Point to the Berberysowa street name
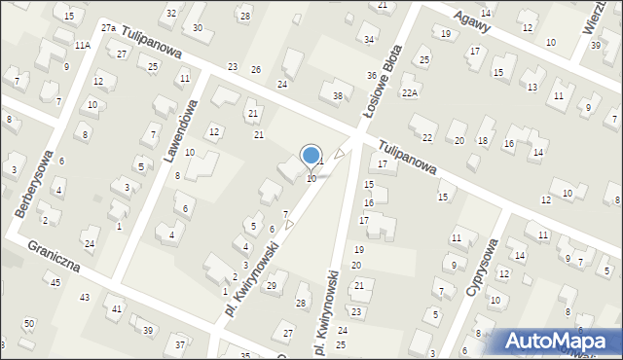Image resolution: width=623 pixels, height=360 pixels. tap(30, 186)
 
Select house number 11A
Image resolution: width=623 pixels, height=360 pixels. tap(83, 45)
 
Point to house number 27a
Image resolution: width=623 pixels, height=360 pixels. tap(108, 29)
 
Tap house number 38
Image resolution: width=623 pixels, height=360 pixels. tap(338, 95)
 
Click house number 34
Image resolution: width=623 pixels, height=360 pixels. tap(369, 39)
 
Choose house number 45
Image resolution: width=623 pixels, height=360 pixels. tap(55, 282)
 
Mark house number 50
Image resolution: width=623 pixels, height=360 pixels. tap(29, 323)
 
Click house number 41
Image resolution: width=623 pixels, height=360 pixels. tap(118, 308)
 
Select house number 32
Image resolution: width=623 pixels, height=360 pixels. tap(171, 13)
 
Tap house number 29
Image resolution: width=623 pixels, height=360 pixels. tap(272, 285)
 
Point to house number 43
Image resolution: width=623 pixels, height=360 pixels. tap(85, 297)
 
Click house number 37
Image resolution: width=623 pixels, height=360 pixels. tap(179, 344)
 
